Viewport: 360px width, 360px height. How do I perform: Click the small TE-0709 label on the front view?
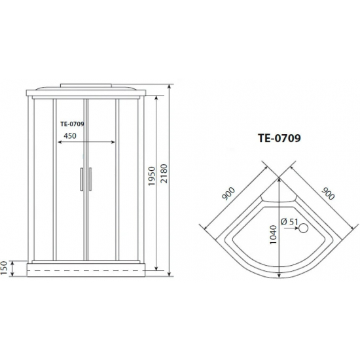[x=75, y=122]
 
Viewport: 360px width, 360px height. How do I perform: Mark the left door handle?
[x=81, y=179]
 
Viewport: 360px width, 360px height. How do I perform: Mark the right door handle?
[x=90, y=179]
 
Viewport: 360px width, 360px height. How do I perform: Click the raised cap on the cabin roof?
[x=85, y=85]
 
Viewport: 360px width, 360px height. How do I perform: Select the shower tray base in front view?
[x=85, y=267]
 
